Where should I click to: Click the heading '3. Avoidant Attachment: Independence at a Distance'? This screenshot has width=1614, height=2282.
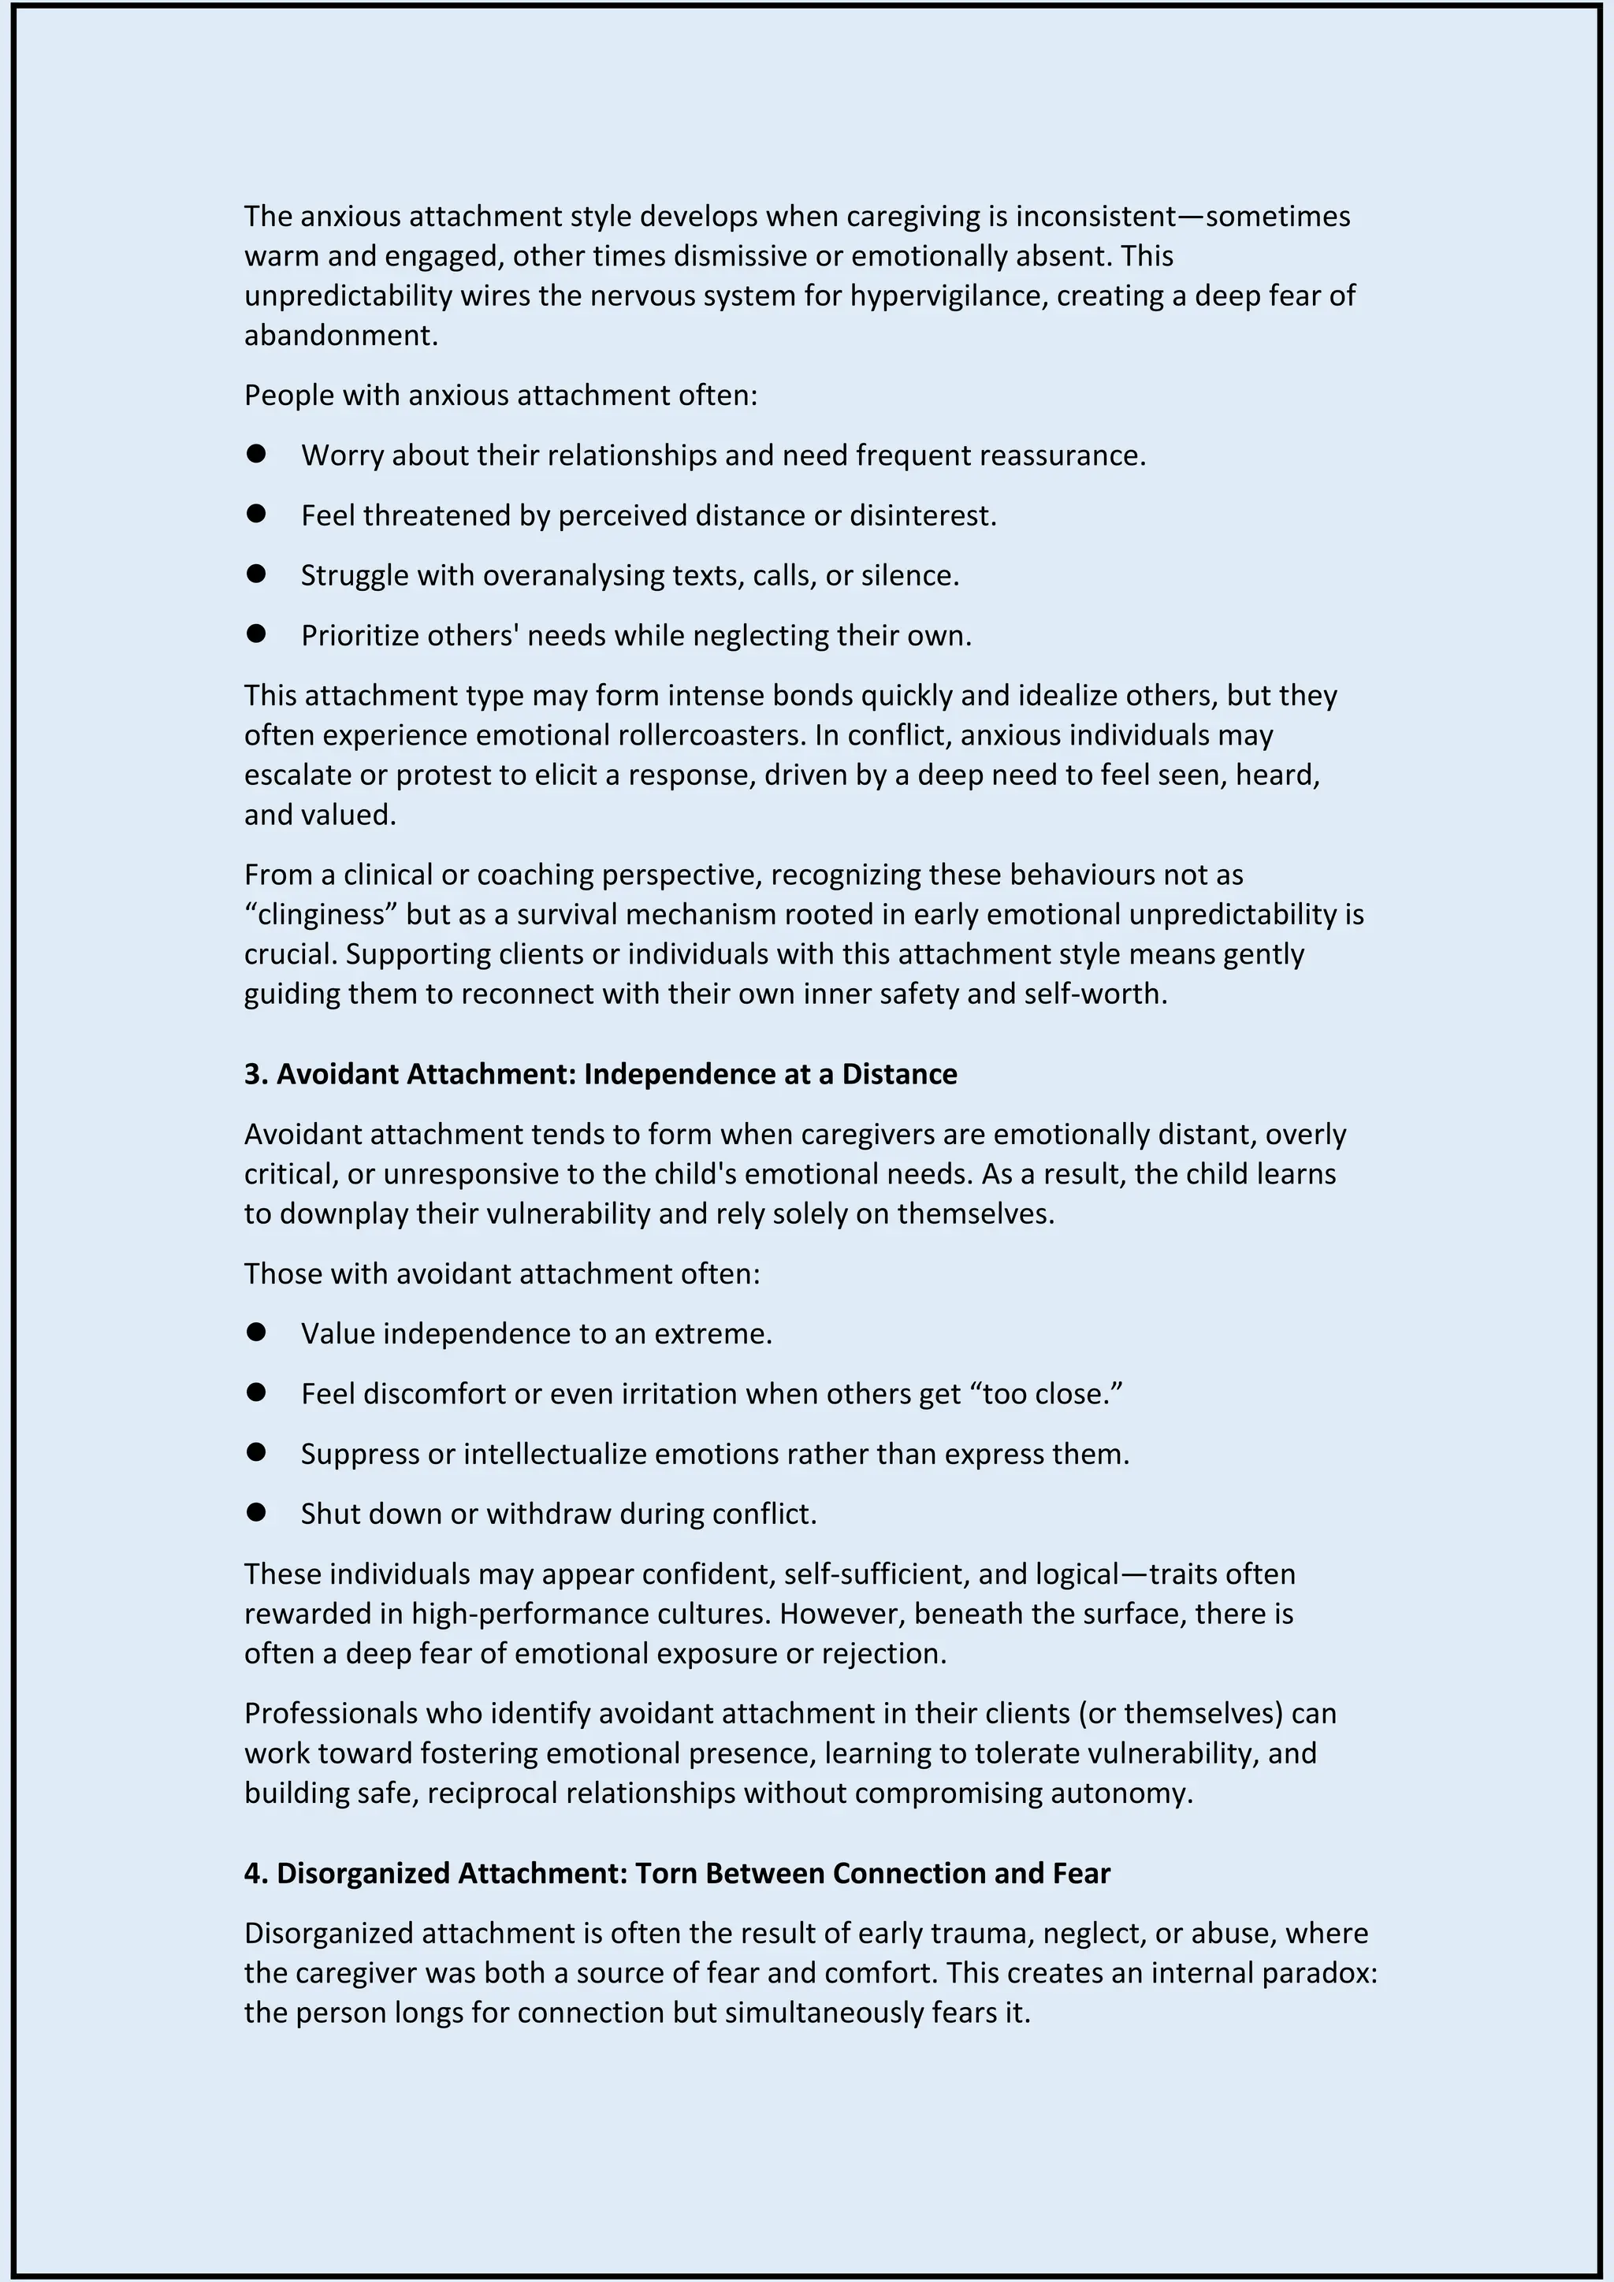[x=601, y=1073]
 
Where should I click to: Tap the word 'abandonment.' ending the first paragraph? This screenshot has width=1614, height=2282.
[x=341, y=335]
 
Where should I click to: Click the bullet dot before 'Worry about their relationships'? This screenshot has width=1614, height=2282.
[x=256, y=453]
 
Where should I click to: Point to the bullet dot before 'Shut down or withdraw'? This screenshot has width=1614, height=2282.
[x=256, y=1511]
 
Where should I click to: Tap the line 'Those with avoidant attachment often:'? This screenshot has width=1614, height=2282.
[x=502, y=1273]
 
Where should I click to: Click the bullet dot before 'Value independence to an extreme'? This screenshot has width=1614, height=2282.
[x=256, y=1332]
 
